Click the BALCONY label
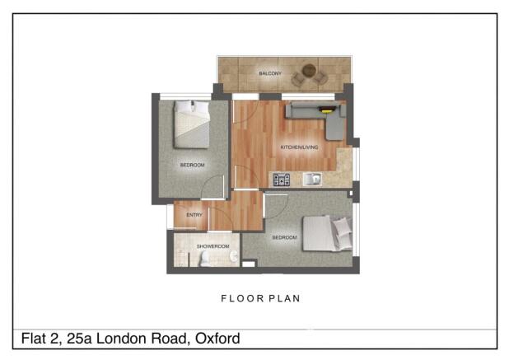(270, 74)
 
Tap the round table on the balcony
(309, 72)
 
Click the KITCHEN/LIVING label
(299, 147)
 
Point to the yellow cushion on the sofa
(327, 109)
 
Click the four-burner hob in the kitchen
(282, 179)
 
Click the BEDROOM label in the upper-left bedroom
(192, 165)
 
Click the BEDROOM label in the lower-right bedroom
(284, 238)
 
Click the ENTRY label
(194, 215)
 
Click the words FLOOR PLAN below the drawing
(260, 299)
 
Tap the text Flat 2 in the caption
(37, 339)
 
